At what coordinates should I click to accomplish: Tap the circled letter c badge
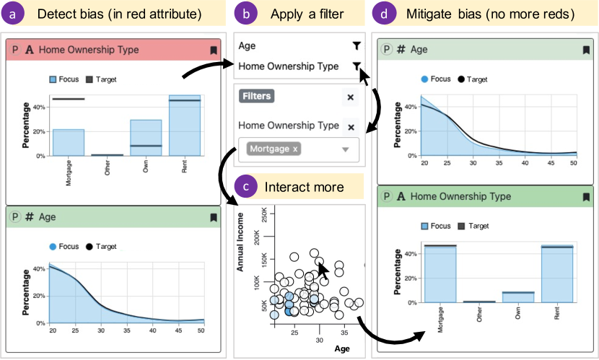click(247, 187)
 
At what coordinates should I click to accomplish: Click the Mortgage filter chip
click(274, 149)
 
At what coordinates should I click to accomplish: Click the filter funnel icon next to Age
click(357, 46)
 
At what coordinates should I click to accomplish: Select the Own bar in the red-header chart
click(146, 137)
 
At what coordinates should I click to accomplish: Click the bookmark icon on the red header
click(213, 51)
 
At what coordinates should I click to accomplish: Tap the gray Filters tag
click(257, 96)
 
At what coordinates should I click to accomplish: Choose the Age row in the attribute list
click(248, 46)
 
